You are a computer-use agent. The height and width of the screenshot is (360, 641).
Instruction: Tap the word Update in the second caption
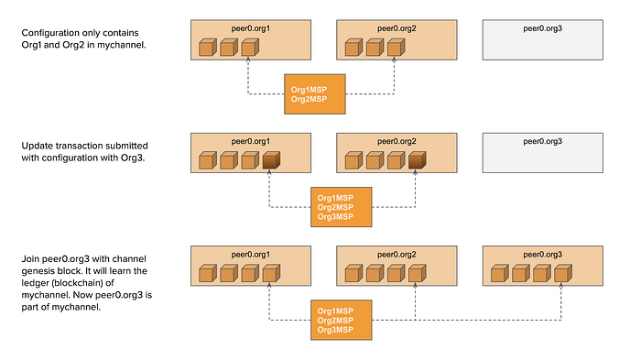38,147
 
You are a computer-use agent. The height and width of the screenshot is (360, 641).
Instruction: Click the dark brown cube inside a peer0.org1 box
270,161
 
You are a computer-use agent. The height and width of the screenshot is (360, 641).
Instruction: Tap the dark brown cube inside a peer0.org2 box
417,161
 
